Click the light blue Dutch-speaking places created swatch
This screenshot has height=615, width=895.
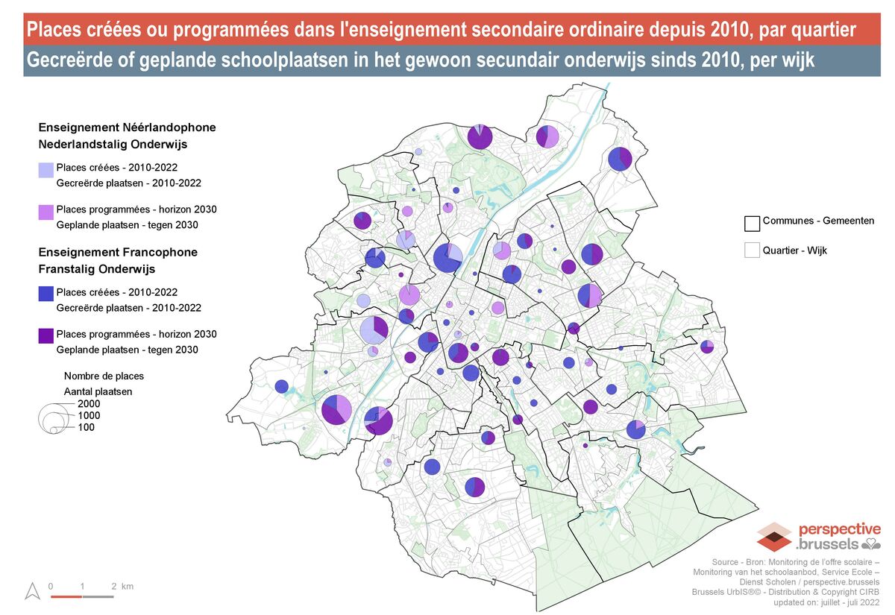[x=45, y=169]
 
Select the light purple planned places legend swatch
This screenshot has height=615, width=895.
[x=45, y=212]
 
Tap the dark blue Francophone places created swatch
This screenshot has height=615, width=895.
[x=45, y=294]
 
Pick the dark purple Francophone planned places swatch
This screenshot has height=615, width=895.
[x=45, y=336]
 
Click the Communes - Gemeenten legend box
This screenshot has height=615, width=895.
[x=752, y=223]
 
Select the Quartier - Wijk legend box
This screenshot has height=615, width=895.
[x=752, y=250]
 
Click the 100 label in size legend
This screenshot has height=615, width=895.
[x=86, y=427]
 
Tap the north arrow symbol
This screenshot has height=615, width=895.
[x=32, y=591]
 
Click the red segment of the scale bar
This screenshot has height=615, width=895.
[x=66, y=596]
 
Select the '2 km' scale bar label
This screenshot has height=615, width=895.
[x=122, y=587]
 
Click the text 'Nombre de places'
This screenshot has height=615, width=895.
[x=104, y=376]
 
